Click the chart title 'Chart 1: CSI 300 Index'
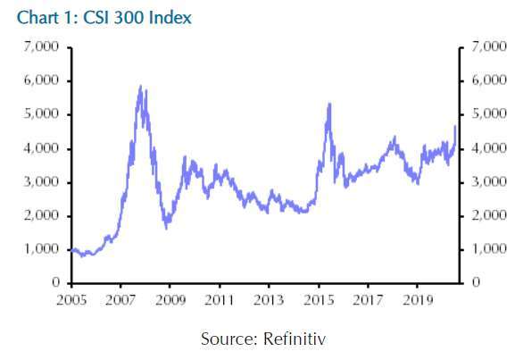pyautogui.click(x=104, y=18)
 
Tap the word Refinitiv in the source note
pyautogui.click(x=295, y=339)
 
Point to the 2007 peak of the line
pyautogui.click(x=140, y=86)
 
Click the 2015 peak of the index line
pyautogui.click(x=329, y=104)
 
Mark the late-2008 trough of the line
pyautogui.click(x=167, y=228)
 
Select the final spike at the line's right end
pyautogui.click(x=455, y=126)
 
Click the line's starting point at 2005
pyautogui.click(x=72, y=250)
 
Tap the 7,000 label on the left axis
pyautogui.click(x=41, y=46)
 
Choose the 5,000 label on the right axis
pyautogui.click(x=489, y=114)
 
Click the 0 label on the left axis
pyautogui.click(x=55, y=282)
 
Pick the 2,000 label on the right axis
pyautogui.click(x=489, y=215)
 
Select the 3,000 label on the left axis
pyautogui.click(x=41, y=181)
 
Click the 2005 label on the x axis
pyautogui.click(x=71, y=300)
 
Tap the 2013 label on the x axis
pyautogui.click(x=269, y=300)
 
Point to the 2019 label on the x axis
pyautogui.click(x=418, y=300)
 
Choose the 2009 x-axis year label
pyautogui.click(x=170, y=300)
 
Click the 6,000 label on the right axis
pyautogui.click(x=489, y=80)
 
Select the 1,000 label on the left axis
pyautogui.click(x=41, y=249)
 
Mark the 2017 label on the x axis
pyautogui.click(x=368, y=300)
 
